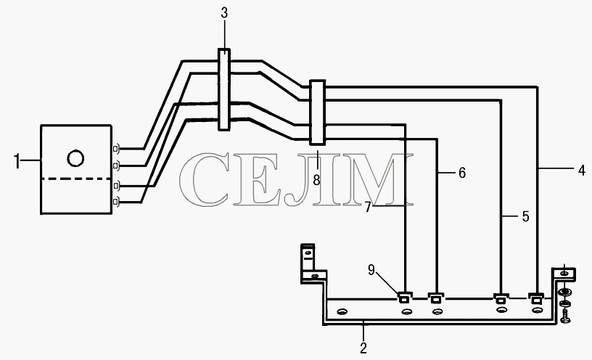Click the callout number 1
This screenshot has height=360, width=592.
[17, 161]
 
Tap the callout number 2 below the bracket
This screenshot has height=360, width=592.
[363, 348]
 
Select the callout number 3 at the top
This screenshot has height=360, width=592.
[224, 13]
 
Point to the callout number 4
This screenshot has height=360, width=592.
[581, 170]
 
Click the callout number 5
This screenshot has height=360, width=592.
[525, 216]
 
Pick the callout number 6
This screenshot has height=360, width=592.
[462, 173]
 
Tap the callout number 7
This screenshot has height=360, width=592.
[368, 207]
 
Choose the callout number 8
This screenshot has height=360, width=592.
[316, 180]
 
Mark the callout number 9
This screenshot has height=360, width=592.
[371, 270]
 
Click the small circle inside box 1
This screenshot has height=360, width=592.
[75, 158]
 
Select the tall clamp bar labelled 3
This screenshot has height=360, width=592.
[224, 89]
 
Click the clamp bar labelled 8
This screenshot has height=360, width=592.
[317, 112]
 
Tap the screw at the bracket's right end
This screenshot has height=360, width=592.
[565, 316]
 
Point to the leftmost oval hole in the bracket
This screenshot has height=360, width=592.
[342, 311]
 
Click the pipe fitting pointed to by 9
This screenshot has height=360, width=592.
[403, 298]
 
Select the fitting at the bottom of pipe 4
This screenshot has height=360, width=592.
[535, 298]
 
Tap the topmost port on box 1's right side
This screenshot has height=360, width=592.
[117, 149]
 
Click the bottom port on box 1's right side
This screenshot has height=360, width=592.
[117, 202]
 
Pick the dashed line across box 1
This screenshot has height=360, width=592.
[76, 179]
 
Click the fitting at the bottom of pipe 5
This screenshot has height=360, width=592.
[501, 298]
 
